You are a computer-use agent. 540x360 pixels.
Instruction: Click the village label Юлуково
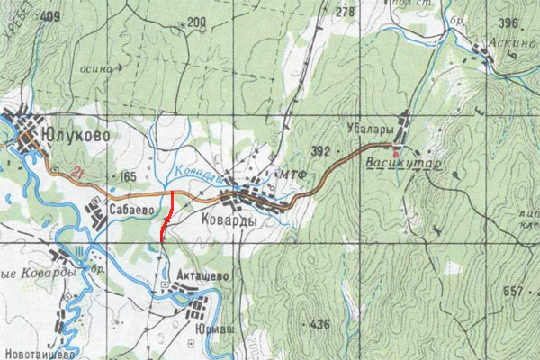(81, 134)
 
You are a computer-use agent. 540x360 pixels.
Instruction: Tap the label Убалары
(365, 129)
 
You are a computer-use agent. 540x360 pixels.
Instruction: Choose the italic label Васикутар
(404, 165)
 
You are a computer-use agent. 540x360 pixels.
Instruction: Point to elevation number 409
(51, 15)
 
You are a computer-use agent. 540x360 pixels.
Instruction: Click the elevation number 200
(198, 22)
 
